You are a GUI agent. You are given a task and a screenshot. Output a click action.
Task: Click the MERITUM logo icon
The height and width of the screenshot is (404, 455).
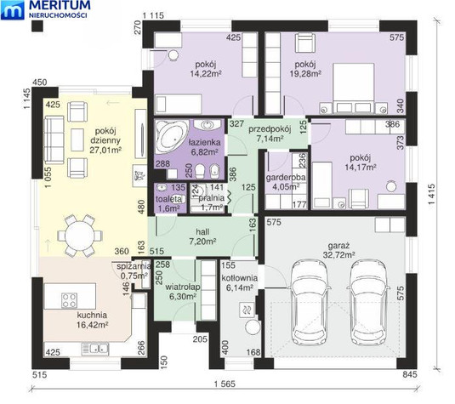click(13, 10)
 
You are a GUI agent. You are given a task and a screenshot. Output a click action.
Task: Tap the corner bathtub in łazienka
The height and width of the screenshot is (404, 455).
click(172, 136)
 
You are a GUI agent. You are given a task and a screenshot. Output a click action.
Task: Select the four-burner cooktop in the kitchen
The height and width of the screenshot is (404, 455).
click(70, 300)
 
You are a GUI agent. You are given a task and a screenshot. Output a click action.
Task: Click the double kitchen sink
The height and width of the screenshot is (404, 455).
click(95, 348)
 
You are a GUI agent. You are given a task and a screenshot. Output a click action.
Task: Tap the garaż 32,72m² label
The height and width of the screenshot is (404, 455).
click(338, 250)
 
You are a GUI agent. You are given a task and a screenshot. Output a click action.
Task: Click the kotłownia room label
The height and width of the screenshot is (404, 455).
click(239, 282)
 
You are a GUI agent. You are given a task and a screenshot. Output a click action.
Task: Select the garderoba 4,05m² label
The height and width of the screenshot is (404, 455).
click(286, 182)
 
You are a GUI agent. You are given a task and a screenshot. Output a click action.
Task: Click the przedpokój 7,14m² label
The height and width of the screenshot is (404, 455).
click(270, 134)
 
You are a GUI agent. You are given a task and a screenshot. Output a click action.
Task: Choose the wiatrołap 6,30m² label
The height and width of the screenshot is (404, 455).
click(183, 292)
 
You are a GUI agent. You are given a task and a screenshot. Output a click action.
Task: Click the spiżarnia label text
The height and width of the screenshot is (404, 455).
click(134, 266)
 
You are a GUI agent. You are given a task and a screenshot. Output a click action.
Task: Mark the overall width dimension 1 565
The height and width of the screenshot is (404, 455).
click(225, 384)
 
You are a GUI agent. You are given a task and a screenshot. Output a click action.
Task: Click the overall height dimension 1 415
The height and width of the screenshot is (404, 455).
click(431, 194)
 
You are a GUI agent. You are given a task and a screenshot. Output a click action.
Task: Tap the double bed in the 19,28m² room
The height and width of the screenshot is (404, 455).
click(354, 88)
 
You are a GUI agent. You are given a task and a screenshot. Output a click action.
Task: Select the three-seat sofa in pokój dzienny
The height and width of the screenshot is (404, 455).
click(54, 139)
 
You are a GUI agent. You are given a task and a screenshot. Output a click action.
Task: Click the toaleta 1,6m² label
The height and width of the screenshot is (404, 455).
click(169, 203)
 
